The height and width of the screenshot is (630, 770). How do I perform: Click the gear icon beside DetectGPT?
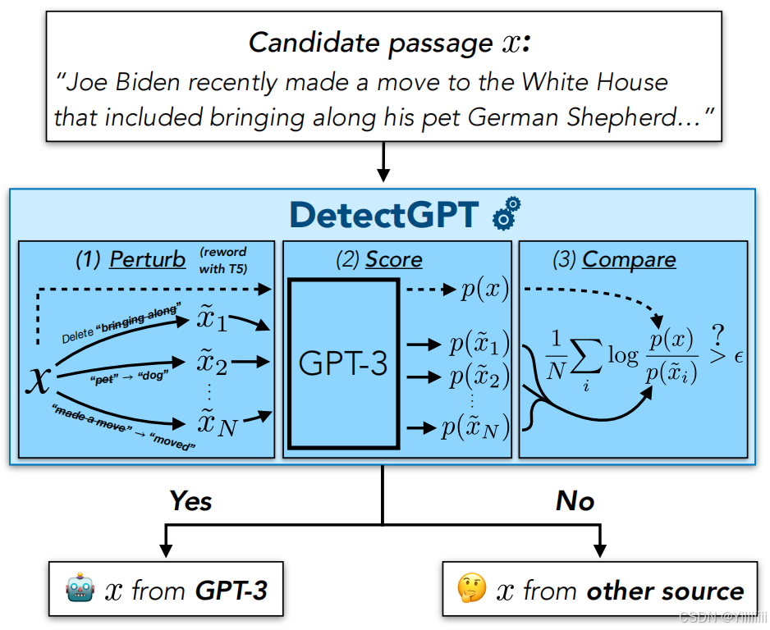506,214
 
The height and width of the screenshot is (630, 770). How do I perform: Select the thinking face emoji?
472,591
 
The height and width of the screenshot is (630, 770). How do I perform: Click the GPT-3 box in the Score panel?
343,363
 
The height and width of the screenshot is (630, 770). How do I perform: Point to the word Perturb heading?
148,260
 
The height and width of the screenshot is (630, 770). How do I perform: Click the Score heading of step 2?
394,260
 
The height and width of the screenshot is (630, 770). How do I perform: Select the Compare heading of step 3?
629,260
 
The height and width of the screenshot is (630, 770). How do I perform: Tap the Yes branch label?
190,500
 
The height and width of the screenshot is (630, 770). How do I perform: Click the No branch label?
575,500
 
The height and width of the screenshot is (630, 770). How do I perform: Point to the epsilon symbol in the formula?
737,357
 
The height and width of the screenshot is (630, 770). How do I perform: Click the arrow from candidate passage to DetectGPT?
383,164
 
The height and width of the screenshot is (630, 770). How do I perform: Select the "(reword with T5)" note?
222,259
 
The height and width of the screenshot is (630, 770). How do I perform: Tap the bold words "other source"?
665,591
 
